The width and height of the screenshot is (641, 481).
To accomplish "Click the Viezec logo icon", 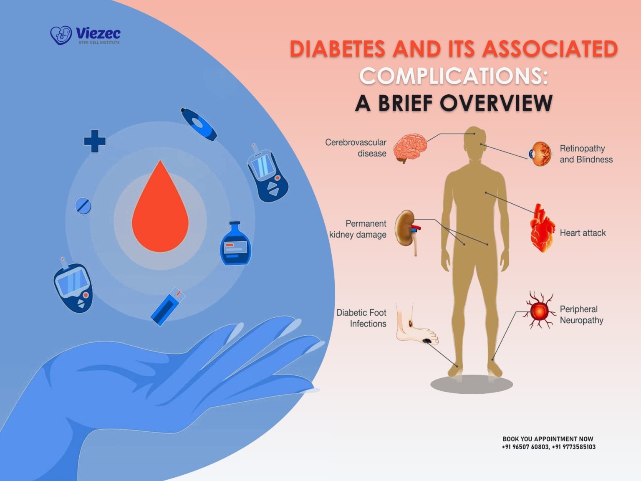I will pyautogui.click(x=61, y=35).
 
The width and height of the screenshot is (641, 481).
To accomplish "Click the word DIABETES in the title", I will pyautogui.click(x=338, y=49).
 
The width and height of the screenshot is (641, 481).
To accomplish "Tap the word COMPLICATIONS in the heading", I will pyautogui.click(x=453, y=76).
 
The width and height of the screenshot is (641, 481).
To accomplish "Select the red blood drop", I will pyautogui.click(x=160, y=209).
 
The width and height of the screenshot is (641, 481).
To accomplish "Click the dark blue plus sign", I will pyautogui.click(x=95, y=141).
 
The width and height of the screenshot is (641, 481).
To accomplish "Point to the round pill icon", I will pyautogui.click(x=83, y=206).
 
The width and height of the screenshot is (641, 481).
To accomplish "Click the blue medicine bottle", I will pyautogui.click(x=236, y=245).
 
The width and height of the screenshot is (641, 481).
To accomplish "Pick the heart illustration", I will pyautogui.click(x=542, y=229).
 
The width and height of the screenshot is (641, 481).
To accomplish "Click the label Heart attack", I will pyautogui.click(x=583, y=233).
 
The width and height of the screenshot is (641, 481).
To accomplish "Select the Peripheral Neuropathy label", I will pyautogui.click(x=581, y=315).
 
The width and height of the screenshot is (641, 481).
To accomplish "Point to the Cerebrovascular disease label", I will pyautogui.click(x=356, y=148).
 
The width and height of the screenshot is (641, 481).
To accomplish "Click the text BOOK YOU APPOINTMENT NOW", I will pyautogui.click(x=548, y=439).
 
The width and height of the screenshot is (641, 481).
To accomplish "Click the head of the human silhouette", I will pyautogui.click(x=474, y=142).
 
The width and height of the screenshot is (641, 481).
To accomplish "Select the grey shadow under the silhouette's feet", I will pyautogui.click(x=472, y=384).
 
